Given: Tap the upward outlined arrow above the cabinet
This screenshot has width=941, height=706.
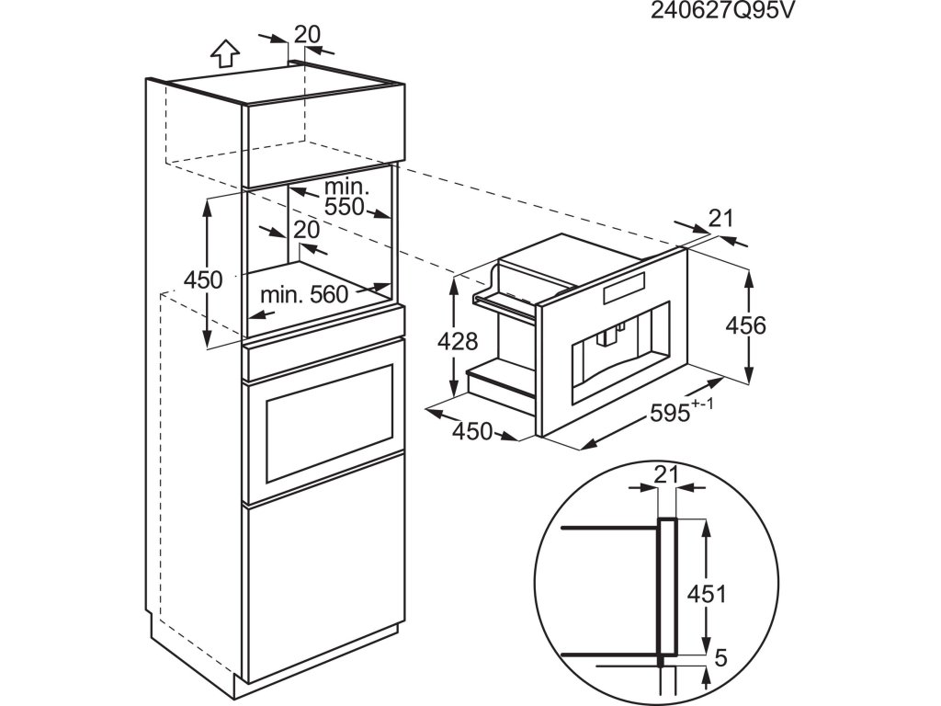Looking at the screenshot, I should click(x=222, y=54).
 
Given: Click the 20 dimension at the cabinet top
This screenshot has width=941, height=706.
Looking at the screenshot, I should click(x=307, y=34).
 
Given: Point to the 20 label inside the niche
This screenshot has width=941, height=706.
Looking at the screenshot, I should click(x=307, y=228).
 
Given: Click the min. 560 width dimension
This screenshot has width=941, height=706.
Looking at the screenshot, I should click(x=305, y=294).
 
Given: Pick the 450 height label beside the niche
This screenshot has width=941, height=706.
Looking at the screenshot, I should click(x=203, y=279).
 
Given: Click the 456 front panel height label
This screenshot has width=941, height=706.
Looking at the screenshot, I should click(x=745, y=325).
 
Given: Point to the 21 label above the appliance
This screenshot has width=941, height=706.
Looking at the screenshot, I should click(x=721, y=218).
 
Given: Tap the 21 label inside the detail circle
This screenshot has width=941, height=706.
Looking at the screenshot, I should click(x=666, y=473).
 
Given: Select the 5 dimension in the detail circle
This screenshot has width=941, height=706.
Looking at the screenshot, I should click(x=720, y=658).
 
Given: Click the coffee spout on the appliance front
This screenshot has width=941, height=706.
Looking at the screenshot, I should click(x=607, y=340).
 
